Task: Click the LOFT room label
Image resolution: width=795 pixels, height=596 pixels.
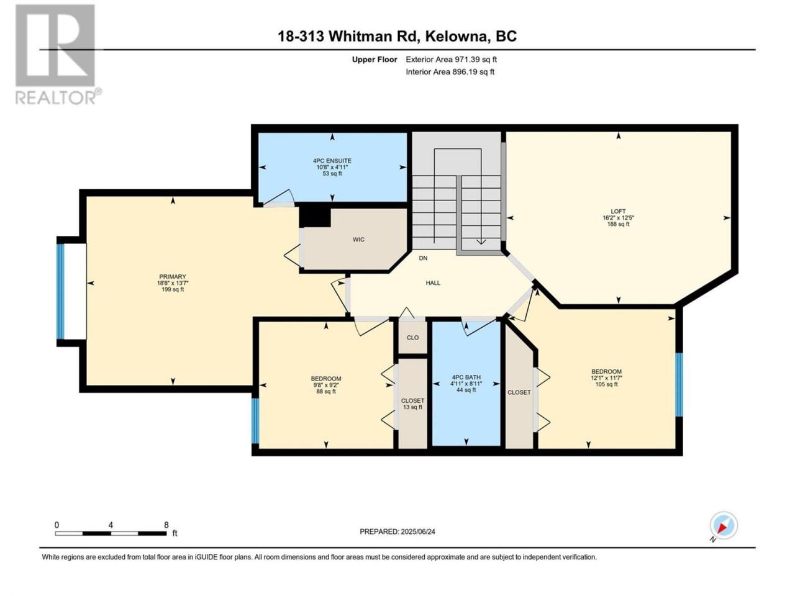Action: pyautogui.click(x=618, y=211)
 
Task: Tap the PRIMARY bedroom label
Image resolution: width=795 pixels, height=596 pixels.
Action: pyautogui.click(x=173, y=277)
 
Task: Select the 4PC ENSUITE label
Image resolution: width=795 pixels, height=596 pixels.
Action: pyautogui.click(x=332, y=161)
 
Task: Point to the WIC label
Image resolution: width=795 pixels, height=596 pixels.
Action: pyautogui.click(x=358, y=240)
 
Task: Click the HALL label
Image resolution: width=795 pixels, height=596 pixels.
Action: pyautogui.click(x=433, y=283)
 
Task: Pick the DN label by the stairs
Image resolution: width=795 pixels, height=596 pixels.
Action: pyautogui.click(x=423, y=258)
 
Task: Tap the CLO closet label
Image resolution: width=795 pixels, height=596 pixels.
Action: pyautogui.click(x=412, y=338)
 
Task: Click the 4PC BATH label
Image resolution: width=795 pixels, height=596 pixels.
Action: pyautogui.click(x=466, y=377)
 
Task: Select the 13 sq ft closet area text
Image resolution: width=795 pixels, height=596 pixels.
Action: pyautogui.click(x=412, y=407)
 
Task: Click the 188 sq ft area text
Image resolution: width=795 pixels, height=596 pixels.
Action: pyautogui.click(x=618, y=224)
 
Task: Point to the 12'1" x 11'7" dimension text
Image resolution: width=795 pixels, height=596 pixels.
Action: pyautogui.click(x=606, y=378)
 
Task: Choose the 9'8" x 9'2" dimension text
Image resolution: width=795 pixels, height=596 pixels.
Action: pyautogui.click(x=326, y=385)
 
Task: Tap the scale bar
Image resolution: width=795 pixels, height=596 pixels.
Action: pyautogui.click(x=111, y=533)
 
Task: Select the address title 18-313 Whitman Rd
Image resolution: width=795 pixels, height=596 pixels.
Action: pyautogui.click(x=349, y=36)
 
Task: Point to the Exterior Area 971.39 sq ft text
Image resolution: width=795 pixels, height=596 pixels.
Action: pyautogui.click(x=452, y=60)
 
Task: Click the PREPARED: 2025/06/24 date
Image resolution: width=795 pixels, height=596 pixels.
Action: pyautogui.click(x=397, y=531)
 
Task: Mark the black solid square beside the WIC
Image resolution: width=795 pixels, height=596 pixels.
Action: pyautogui.click(x=315, y=217)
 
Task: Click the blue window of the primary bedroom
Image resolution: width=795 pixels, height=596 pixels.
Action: pyautogui.click(x=60, y=291)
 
